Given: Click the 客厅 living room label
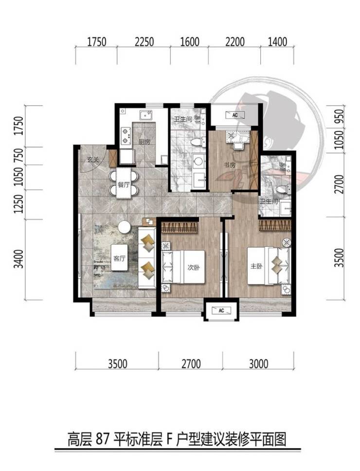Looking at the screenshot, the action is pos(119,258).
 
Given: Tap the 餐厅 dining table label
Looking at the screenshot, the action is pos(124,185).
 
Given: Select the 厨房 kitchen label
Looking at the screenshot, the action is pos(144,142).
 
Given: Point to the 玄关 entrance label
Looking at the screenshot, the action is pos(93,160).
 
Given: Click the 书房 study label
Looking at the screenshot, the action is pos(229,165).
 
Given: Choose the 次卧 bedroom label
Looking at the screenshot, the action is pos(193,267).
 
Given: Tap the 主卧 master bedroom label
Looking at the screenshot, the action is pos(256,266).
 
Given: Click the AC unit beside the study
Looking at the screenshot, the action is pos(235,115).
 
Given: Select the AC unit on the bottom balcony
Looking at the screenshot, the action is pos(221,310).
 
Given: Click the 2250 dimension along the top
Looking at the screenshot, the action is pos(144,42).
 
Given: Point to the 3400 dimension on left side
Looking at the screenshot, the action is pos(18,259).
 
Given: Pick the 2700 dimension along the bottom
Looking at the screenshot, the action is pos(191,364).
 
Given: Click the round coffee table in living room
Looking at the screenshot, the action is pos(125,227).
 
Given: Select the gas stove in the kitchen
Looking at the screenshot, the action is pos(126,135).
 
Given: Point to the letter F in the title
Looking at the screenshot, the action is pos(169,440).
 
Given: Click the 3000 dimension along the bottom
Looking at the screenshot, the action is pos(258,364).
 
